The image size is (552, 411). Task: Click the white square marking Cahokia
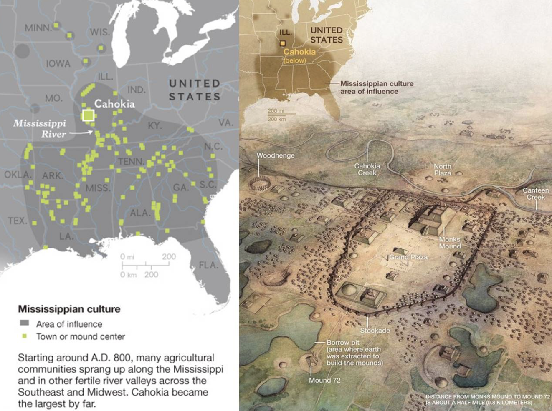[88, 115]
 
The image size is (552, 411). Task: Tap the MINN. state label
[38, 28]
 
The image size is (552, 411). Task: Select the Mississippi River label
[40, 128]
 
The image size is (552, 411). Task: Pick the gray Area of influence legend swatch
[24, 323]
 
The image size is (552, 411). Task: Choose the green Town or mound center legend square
[24, 336]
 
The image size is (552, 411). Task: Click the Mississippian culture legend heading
[69, 309]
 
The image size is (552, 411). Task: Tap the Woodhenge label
[275, 155]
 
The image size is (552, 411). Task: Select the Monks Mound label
[450, 243]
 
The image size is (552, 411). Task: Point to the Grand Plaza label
[408, 257]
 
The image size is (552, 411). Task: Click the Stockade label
[375, 331]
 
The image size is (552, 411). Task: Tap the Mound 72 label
[324, 380]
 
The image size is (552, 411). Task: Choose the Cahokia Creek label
[367, 169]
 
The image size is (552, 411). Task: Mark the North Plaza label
[442, 169]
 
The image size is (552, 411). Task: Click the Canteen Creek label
[536, 193]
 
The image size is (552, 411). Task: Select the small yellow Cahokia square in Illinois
[283, 43]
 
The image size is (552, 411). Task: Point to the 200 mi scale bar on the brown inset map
[282, 113]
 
